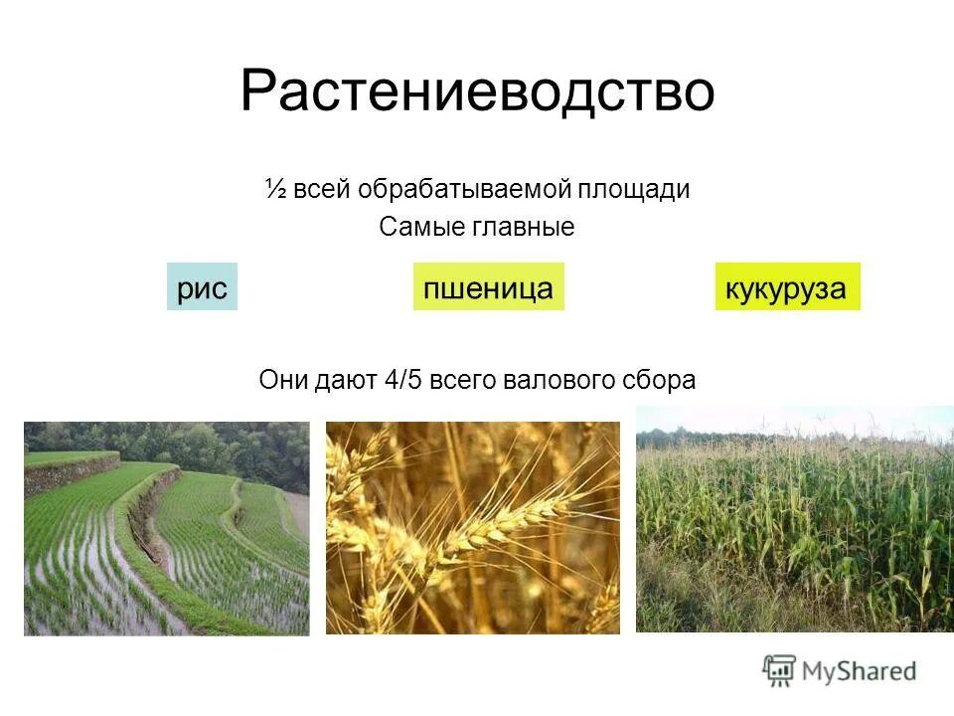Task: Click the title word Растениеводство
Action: point(477,91)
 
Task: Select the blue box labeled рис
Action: point(202,288)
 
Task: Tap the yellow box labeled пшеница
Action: point(488,288)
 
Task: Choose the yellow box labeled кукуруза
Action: point(786,288)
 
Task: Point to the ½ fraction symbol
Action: point(275,190)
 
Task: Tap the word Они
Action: point(281,381)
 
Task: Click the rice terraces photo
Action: point(166,528)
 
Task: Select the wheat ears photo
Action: point(472,528)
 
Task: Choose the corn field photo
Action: point(794,519)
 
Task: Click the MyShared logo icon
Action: point(780,670)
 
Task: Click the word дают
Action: point(345,381)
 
